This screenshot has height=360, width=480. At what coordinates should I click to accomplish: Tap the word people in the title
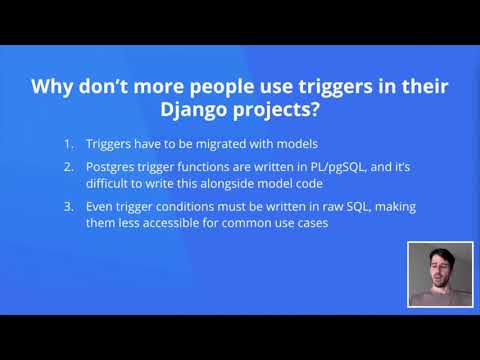(212, 86)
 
